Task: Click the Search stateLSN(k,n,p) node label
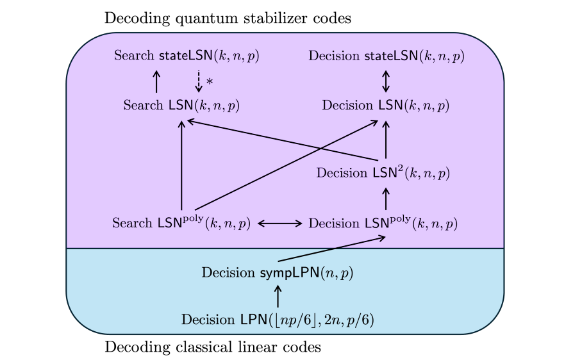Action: click(x=186, y=56)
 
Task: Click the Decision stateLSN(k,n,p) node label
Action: click(x=386, y=56)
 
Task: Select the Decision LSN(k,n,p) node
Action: click(x=386, y=105)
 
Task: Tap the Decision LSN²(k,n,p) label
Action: click(x=383, y=173)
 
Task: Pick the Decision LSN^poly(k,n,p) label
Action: click(x=383, y=223)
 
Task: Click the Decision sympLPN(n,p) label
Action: click(x=278, y=273)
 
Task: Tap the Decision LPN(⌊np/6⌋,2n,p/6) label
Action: click(x=278, y=320)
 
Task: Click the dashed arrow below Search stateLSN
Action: click(x=199, y=81)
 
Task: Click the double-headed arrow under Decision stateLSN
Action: click(x=386, y=81)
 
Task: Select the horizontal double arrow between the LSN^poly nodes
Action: click(x=279, y=224)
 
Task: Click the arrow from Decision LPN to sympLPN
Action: click(x=278, y=297)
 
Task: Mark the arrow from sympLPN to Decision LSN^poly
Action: click(x=331, y=249)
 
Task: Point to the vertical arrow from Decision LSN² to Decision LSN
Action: click(x=386, y=139)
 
